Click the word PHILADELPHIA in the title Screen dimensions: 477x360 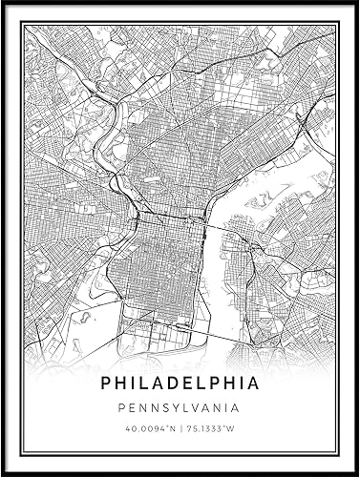coord(180,383)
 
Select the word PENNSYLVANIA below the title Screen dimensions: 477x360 coord(180,408)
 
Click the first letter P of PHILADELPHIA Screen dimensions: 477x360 coord(105,383)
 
